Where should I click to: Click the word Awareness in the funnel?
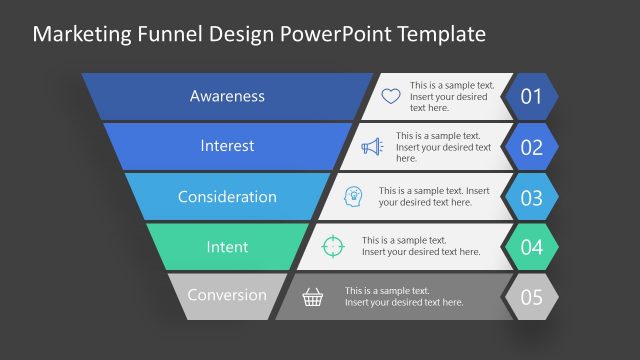(x=227, y=96)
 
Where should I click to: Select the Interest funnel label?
(x=227, y=146)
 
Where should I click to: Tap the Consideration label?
(x=227, y=196)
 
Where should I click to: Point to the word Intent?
(x=227, y=246)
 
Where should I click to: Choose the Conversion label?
(x=227, y=295)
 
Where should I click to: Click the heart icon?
(x=391, y=97)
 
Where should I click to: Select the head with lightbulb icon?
(x=353, y=196)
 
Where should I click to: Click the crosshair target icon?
(x=333, y=246)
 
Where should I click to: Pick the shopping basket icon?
(x=314, y=296)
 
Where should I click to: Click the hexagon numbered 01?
(x=531, y=97)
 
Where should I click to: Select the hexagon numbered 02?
(x=531, y=147)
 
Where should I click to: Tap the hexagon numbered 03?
(x=531, y=197)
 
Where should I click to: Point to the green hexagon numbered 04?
(x=531, y=246)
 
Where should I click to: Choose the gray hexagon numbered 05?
(x=531, y=296)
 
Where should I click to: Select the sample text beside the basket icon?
(x=404, y=296)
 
